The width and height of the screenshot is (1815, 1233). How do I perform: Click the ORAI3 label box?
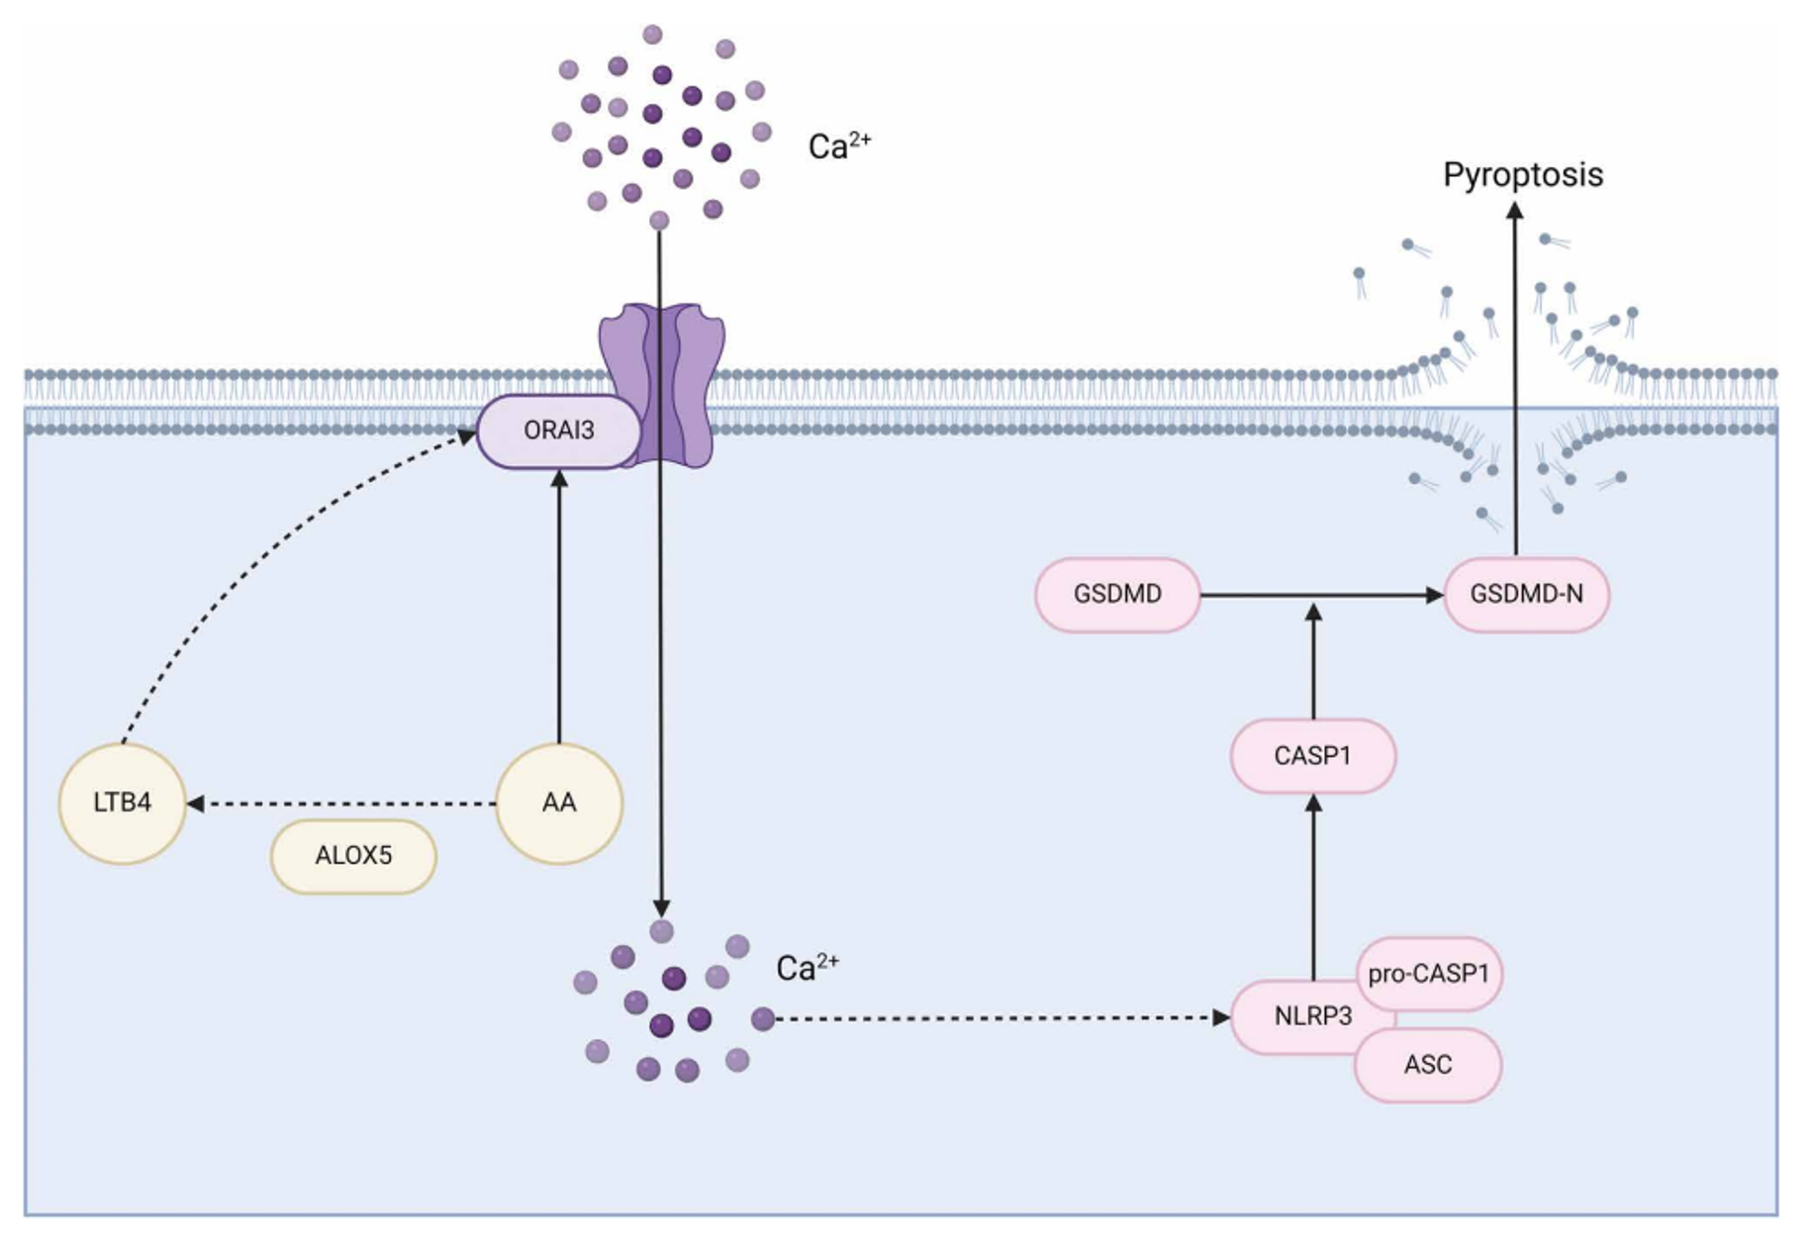click(x=558, y=430)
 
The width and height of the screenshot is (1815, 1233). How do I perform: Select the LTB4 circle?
click(x=122, y=803)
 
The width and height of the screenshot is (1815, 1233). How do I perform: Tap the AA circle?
click(x=558, y=803)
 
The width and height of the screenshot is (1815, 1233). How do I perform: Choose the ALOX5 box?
click(x=353, y=856)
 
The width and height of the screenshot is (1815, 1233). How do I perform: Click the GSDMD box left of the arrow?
click(x=1117, y=595)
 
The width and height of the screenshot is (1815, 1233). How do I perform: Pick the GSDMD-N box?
click(x=1526, y=595)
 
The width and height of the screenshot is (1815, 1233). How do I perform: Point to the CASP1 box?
click(x=1312, y=756)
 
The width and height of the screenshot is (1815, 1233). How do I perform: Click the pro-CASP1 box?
click(x=1428, y=974)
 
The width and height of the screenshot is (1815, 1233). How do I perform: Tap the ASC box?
click(x=1428, y=1065)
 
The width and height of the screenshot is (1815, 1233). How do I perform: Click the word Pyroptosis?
click(x=1522, y=175)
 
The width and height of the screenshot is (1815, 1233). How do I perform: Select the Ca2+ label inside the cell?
click(x=807, y=967)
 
